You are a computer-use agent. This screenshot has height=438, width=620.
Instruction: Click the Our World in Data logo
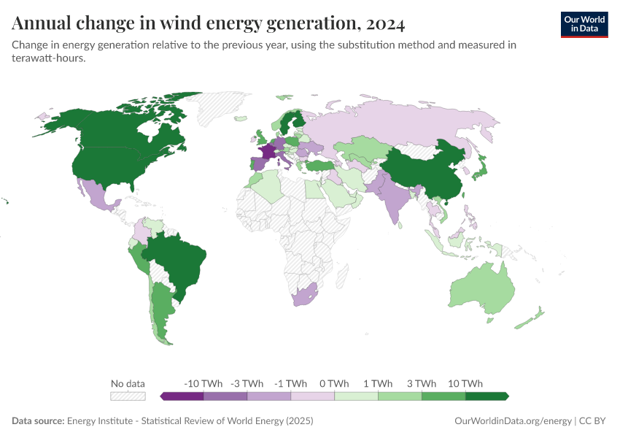click(584, 24)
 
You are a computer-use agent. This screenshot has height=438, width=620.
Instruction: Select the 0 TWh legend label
click(334, 383)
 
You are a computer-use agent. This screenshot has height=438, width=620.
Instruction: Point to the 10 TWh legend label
click(465, 383)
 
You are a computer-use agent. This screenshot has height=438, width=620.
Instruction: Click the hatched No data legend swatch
click(128, 396)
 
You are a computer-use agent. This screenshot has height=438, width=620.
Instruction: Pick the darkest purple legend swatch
click(182, 396)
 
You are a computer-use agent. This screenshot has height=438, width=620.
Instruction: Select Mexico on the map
click(98, 194)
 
